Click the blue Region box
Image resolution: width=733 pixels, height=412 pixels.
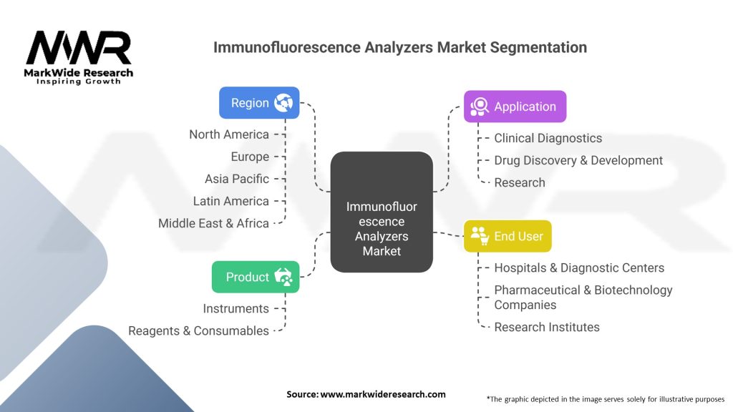(259, 103)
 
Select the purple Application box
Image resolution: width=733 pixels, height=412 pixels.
(515, 107)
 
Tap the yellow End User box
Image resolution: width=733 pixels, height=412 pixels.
(508, 236)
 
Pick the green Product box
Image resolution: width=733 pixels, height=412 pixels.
(256, 277)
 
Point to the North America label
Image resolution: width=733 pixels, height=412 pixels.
(229, 134)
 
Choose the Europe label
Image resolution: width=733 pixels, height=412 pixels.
(250, 157)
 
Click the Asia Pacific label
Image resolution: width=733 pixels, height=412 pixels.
(237, 179)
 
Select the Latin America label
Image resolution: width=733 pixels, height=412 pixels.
(230, 201)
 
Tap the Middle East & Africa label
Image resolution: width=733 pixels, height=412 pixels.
(213, 223)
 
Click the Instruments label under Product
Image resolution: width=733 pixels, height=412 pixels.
(236, 308)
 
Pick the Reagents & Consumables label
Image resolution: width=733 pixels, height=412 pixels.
(198, 330)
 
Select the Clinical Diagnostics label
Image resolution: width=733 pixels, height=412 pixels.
(548, 138)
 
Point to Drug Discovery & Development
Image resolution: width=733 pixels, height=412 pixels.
(578, 160)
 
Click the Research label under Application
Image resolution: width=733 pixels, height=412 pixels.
(519, 182)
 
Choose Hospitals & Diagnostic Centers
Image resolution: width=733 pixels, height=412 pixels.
(579, 268)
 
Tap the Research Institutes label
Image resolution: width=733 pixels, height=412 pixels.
(547, 327)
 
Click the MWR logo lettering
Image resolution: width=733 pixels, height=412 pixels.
(79, 49)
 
